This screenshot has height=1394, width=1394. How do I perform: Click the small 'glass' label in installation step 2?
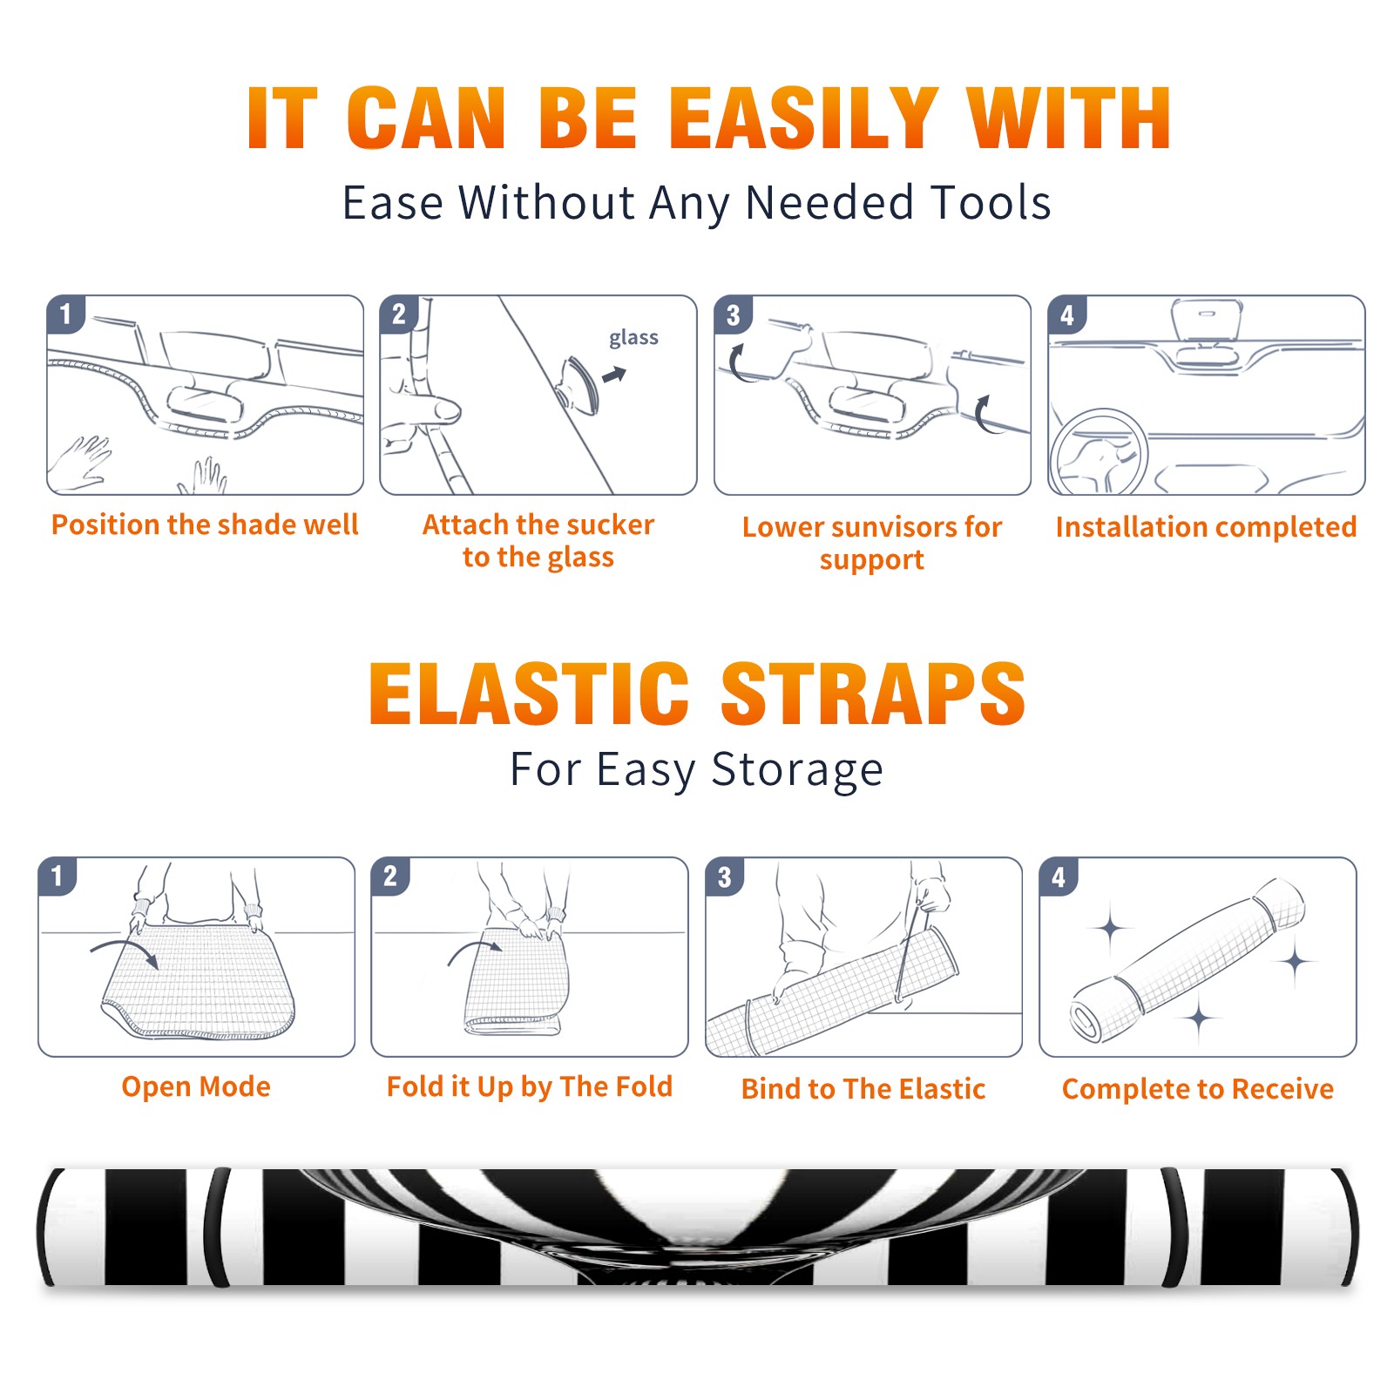pyautogui.click(x=633, y=338)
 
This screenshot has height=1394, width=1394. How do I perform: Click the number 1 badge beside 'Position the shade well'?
pyautogui.click(x=65, y=314)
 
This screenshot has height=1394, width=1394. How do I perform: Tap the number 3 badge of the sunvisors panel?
pyautogui.click(x=733, y=315)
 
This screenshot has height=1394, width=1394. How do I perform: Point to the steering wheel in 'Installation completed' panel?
pyautogui.click(x=1099, y=452)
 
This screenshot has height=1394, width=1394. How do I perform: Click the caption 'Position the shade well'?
pyautogui.click(x=205, y=524)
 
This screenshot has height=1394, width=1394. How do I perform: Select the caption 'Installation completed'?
pyautogui.click(x=1206, y=527)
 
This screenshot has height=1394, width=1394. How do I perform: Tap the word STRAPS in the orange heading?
pyautogui.click(x=873, y=694)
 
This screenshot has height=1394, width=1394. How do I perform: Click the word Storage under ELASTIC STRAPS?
pyautogui.click(x=797, y=770)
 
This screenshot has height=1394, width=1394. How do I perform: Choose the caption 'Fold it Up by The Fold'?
pyautogui.click(x=530, y=1086)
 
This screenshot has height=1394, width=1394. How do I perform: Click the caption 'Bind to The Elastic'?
pyautogui.click(x=863, y=1089)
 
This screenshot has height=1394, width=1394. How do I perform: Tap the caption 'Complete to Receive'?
pyautogui.click(x=1198, y=1089)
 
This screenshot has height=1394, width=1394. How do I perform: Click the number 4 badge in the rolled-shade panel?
pyautogui.click(x=1059, y=876)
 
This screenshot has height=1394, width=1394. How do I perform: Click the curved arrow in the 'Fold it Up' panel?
pyautogui.click(x=475, y=948)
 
